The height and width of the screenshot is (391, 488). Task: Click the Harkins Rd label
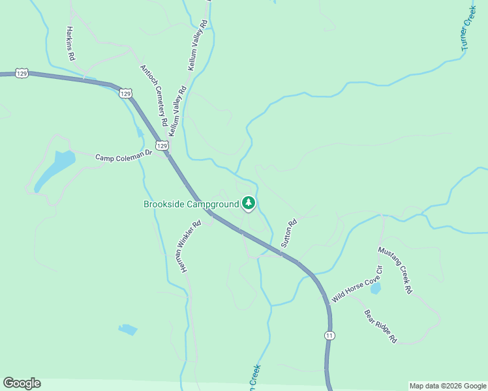coord(70,44)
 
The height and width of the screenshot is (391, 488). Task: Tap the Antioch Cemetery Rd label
coord(154,95)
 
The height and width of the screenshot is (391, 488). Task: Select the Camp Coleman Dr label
coord(123,157)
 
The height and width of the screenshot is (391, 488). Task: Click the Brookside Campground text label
coord(191,204)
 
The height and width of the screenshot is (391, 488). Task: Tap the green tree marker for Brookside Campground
coord(249,203)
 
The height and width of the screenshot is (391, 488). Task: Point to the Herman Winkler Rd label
coord(187,245)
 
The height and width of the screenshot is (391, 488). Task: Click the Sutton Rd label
coord(288,233)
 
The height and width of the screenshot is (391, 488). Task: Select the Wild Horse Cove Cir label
coord(356,283)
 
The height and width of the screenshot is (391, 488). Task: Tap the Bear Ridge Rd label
coord(380,326)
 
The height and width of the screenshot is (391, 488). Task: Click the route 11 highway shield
coord(330,334)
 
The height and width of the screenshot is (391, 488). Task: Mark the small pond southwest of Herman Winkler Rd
coord(128,329)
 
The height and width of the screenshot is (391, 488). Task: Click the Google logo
coord(22,383)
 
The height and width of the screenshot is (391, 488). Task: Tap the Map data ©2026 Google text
coord(448,386)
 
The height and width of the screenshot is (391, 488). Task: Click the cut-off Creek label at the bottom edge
coord(253,377)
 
